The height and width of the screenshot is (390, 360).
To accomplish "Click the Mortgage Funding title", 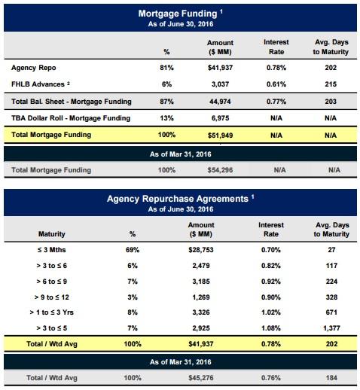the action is [x=178, y=14].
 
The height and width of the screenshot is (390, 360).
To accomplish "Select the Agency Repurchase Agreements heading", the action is [x=178, y=199].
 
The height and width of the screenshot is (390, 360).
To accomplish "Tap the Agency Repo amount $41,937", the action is [x=220, y=68].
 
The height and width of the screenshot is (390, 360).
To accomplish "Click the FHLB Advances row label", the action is [x=38, y=84].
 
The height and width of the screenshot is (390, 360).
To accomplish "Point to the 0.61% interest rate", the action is [x=276, y=84].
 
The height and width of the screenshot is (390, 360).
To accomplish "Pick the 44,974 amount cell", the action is [x=220, y=102].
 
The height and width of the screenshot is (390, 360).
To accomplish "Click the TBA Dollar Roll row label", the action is [x=71, y=118].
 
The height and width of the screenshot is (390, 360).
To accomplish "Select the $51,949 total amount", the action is [x=220, y=136].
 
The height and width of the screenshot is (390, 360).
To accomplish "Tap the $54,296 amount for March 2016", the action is [x=220, y=170].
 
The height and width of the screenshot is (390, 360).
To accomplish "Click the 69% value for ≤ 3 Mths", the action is [x=133, y=250].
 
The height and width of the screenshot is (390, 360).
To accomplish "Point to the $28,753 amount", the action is [x=201, y=250].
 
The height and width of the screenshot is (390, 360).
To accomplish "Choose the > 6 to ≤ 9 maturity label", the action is [x=52, y=282].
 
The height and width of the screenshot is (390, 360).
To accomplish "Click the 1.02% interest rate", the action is [x=271, y=312].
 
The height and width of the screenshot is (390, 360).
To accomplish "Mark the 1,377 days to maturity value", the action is [x=331, y=328].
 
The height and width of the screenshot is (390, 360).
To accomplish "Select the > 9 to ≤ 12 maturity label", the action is [x=52, y=297].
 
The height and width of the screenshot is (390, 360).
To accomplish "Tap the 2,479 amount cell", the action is [x=201, y=266].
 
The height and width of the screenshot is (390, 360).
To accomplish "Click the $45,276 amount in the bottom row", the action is [x=201, y=378].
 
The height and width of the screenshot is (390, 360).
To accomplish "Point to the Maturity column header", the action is [x=52, y=234].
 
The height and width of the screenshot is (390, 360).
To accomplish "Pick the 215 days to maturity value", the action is [x=331, y=84].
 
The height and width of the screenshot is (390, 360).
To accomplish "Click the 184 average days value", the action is [x=331, y=378].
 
